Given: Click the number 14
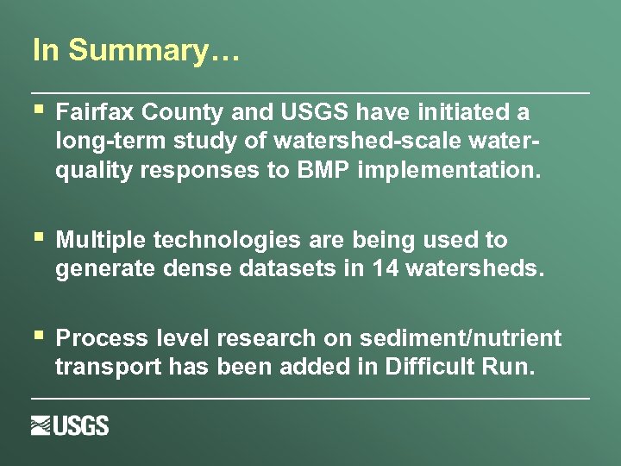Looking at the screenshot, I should pyautogui.click(x=385, y=269).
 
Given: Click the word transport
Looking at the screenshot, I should pyautogui.click(x=107, y=368).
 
